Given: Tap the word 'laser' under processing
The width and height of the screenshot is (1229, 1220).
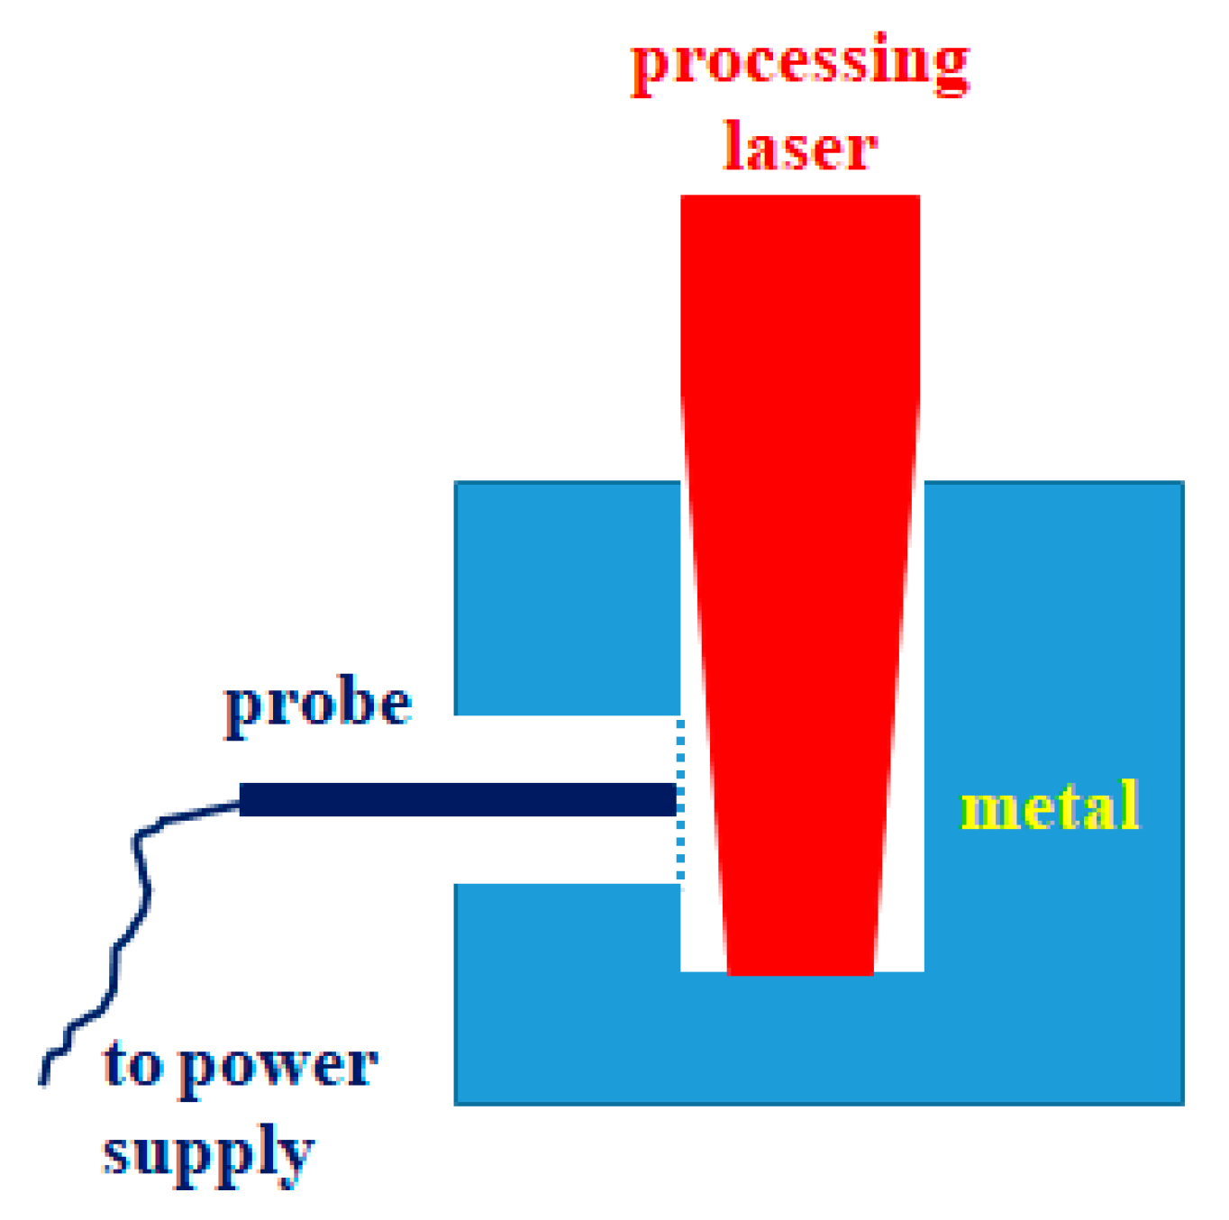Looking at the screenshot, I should pos(800,147).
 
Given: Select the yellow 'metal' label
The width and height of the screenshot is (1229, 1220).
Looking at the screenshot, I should pos(1050,806).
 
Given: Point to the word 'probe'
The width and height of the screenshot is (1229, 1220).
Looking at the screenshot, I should pos(318,705).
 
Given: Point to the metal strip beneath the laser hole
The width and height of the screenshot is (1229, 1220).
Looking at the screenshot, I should pos(802,1036).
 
